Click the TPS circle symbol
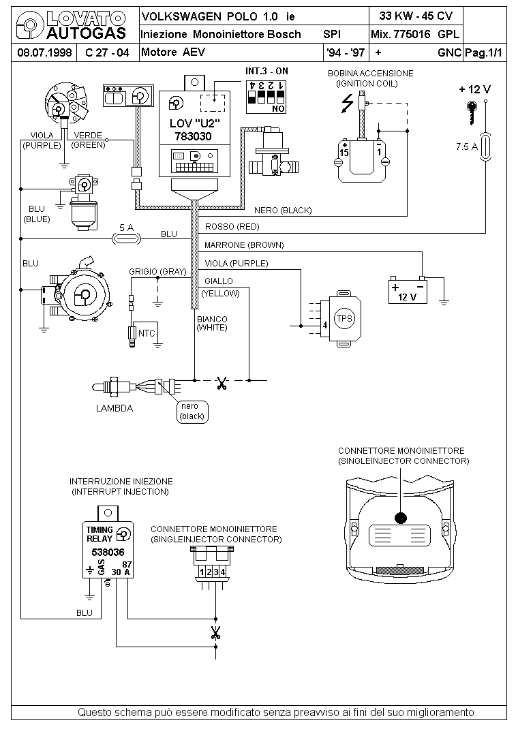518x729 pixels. (344, 318)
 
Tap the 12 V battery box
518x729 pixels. (408, 291)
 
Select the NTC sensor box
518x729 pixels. (145, 333)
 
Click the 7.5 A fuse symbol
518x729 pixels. (486, 147)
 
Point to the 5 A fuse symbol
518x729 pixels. (127, 239)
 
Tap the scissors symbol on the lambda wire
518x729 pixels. (222, 383)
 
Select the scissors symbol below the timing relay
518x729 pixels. (215, 632)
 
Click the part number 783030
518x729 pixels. (194, 137)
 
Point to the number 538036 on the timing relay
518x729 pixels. (108, 553)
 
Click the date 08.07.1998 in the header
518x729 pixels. (44, 52)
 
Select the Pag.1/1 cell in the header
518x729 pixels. (484, 52)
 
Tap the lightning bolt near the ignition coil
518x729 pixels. (348, 103)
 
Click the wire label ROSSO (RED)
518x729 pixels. (232, 227)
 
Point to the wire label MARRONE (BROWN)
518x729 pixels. (244, 245)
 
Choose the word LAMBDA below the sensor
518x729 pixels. (115, 408)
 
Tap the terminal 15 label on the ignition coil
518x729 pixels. (344, 153)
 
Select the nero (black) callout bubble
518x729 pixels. (192, 412)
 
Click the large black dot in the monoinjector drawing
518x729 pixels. (400, 518)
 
